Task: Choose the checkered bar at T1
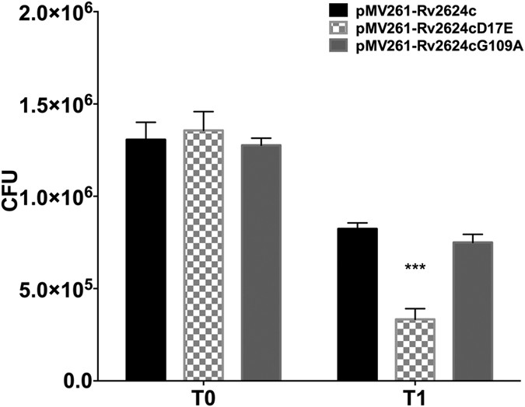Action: tap(415, 350)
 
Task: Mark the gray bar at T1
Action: tap(473, 311)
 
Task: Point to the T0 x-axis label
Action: tap(203, 396)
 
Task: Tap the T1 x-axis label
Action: tap(415, 396)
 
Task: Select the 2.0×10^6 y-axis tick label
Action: tap(55, 15)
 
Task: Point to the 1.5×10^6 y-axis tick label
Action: tap(55, 106)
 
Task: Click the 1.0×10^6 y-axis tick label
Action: tap(55, 197)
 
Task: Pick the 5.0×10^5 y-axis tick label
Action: tap(55, 289)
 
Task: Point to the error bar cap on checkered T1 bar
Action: tap(415, 309)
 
